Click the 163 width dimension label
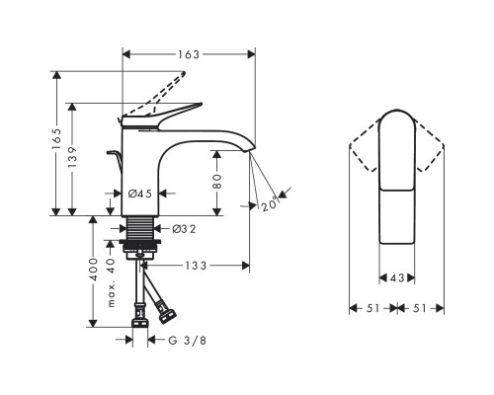pyautogui.click(x=189, y=54)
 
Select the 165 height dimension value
pyautogui.click(x=56, y=138)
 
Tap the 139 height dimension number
pyautogui.click(x=72, y=156)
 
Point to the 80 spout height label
pyautogui.click(x=217, y=181)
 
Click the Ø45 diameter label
pyautogui.click(x=140, y=194)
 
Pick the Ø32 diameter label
pyautogui.click(x=184, y=229)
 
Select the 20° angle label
pyautogui.click(x=270, y=204)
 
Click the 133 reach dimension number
pyautogui.click(x=196, y=266)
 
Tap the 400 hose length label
pyautogui.click(x=94, y=270)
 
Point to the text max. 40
pyautogui.click(x=112, y=282)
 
